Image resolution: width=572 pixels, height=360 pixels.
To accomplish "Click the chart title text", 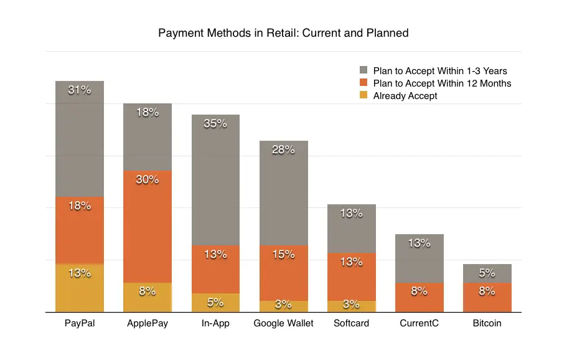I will (x=283, y=33).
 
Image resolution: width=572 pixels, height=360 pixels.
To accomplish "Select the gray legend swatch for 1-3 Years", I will (x=363, y=70).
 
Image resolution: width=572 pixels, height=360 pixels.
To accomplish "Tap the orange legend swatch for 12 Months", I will (x=363, y=83).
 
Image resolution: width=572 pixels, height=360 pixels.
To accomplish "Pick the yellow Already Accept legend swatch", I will (x=363, y=96).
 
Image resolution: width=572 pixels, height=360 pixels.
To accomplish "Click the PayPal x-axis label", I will (x=80, y=323).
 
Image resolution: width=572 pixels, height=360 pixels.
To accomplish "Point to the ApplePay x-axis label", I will (x=148, y=323).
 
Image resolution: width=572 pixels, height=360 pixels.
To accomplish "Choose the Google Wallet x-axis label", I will (x=284, y=323).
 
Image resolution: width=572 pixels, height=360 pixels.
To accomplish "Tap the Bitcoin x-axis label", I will (x=487, y=323).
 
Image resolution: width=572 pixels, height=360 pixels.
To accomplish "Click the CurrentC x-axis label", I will (x=420, y=323).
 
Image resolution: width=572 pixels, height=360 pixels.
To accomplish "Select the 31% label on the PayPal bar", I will (x=80, y=90).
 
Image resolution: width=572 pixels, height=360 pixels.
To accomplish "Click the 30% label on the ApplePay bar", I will (x=148, y=180).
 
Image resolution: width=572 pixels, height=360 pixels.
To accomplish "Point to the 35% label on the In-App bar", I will (x=215, y=123).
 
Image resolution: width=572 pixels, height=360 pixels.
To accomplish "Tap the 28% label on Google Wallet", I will (x=283, y=149).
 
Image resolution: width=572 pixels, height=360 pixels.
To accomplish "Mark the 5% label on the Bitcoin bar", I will (x=487, y=272).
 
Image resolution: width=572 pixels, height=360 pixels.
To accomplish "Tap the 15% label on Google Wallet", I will (x=283, y=254).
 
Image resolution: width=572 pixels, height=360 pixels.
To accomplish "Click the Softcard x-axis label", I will (x=351, y=323).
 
